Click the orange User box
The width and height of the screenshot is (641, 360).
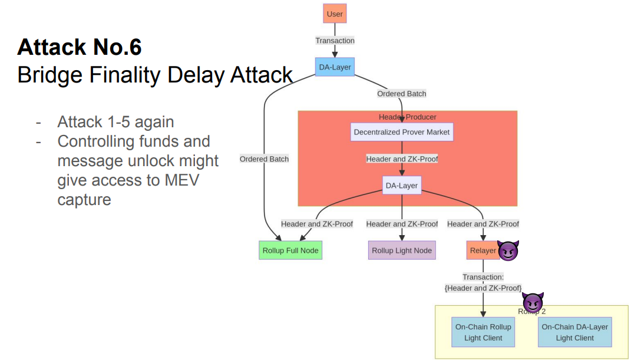pyautogui.click(x=335, y=14)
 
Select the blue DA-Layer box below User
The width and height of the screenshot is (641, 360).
pyautogui.click(x=335, y=67)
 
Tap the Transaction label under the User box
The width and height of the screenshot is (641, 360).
pyautogui.click(x=335, y=41)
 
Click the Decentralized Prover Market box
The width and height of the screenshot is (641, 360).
pyautogui.click(x=402, y=132)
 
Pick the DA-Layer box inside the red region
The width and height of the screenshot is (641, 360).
pyautogui.click(x=402, y=186)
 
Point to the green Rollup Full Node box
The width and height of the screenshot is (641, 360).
pyautogui.click(x=290, y=250)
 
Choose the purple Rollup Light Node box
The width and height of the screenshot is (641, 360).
pyautogui.click(x=402, y=250)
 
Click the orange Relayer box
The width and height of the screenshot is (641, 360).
pyautogui.click(x=483, y=250)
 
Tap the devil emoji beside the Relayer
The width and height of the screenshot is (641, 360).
pyautogui.click(x=508, y=251)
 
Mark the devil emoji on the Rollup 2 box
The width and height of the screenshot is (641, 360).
pyautogui.click(x=533, y=302)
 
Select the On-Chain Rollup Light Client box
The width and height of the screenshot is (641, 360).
pyautogui.click(x=483, y=332)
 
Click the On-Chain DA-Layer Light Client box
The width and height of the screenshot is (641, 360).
pyautogui.click(x=574, y=332)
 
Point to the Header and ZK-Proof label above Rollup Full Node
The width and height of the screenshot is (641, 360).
pyautogui.click(x=317, y=224)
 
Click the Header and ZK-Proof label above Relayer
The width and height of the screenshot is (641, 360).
pyautogui.click(x=483, y=224)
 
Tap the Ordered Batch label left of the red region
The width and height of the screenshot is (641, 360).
pyautogui.click(x=264, y=159)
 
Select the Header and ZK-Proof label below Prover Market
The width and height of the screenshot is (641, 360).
pyautogui.click(x=402, y=159)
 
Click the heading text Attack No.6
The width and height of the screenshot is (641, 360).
pyautogui.click(x=80, y=47)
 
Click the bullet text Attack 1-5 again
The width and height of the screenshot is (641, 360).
pyautogui.click(x=115, y=122)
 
